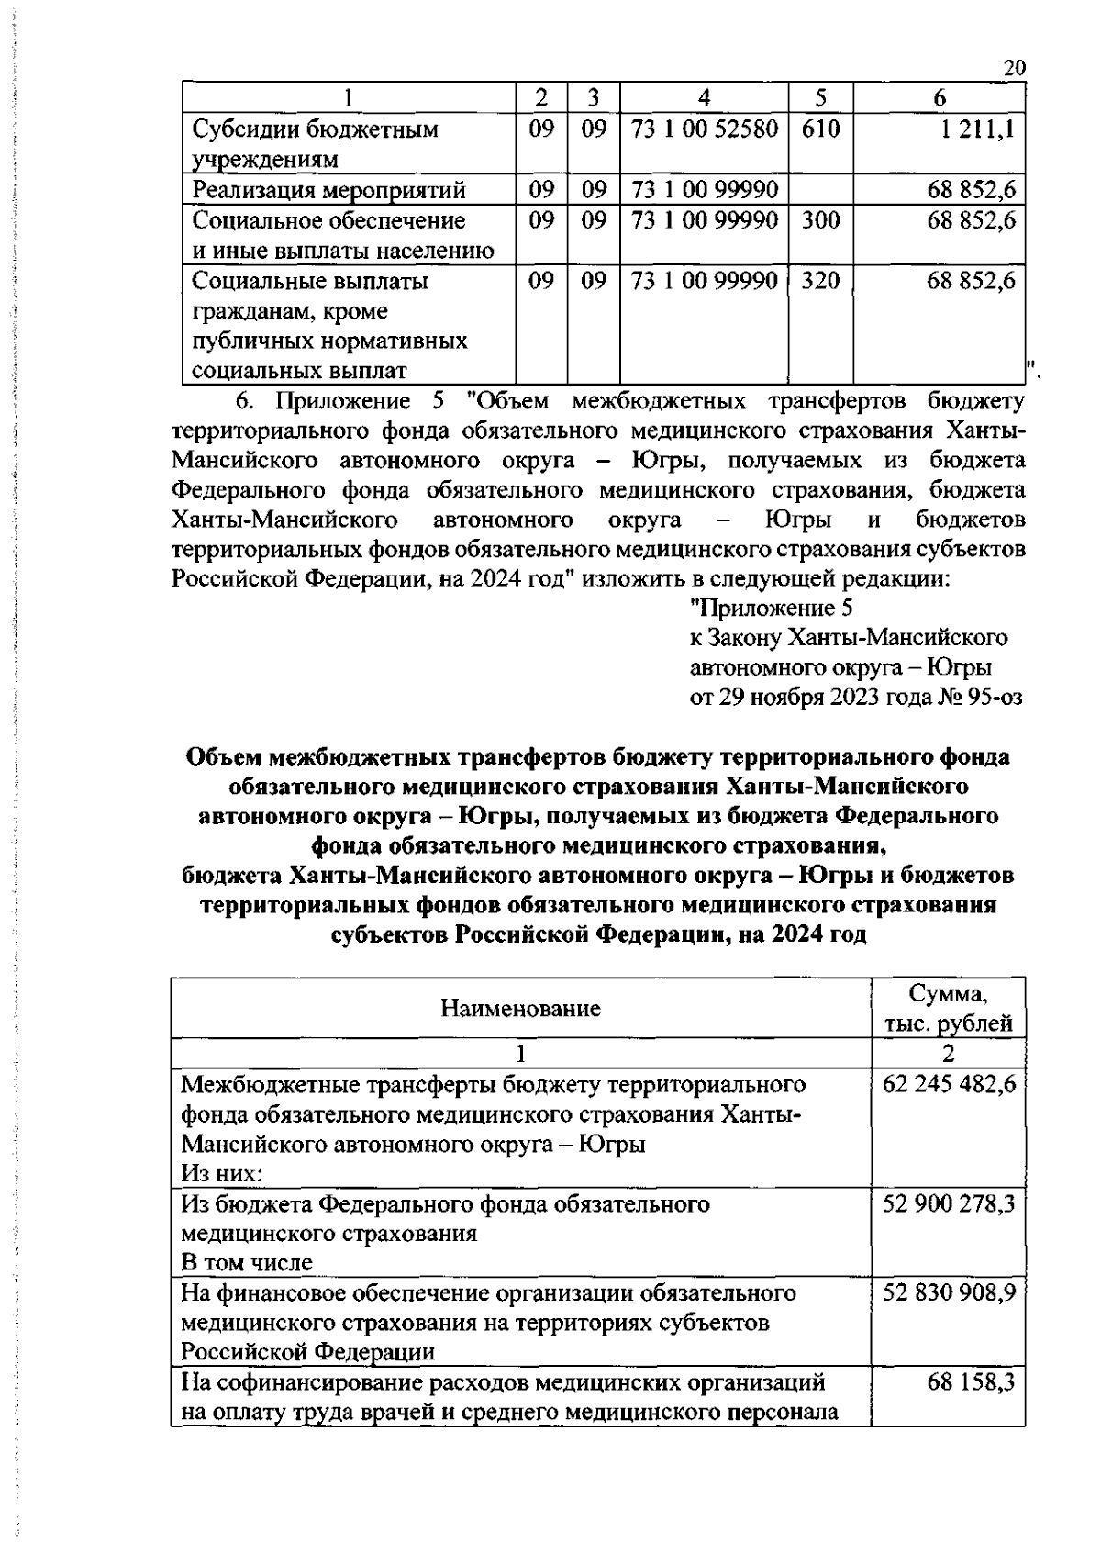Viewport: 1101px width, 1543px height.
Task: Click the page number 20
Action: pyautogui.click(x=1014, y=69)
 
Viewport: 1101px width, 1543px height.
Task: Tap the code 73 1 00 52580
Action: pyautogui.click(x=704, y=129)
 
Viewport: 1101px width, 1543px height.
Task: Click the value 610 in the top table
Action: pyautogui.click(x=820, y=129)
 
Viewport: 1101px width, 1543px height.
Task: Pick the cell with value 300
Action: pyautogui.click(x=820, y=220)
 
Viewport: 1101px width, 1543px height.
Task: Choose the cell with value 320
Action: pyautogui.click(x=820, y=281)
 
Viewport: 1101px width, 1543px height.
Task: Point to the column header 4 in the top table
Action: pyautogui.click(x=704, y=98)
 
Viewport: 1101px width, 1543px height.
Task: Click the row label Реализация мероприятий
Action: pyautogui.click(x=329, y=190)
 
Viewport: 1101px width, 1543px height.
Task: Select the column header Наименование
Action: pyautogui.click(x=520, y=1008)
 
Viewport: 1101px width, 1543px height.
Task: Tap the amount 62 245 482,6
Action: pyautogui.click(x=949, y=1084)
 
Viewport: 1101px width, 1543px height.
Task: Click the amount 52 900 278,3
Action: pyautogui.click(x=949, y=1202)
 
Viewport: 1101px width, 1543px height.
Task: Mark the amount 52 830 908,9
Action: pyautogui.click(x=949, y=1292)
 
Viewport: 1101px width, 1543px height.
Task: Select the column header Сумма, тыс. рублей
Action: pyautogui.click(x=948, y=1008)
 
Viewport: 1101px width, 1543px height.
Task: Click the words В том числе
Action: pyautogui.click(x=247, y=1262)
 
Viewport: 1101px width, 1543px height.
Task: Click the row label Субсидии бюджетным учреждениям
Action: pyautogui.click(x=315, y=144)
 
